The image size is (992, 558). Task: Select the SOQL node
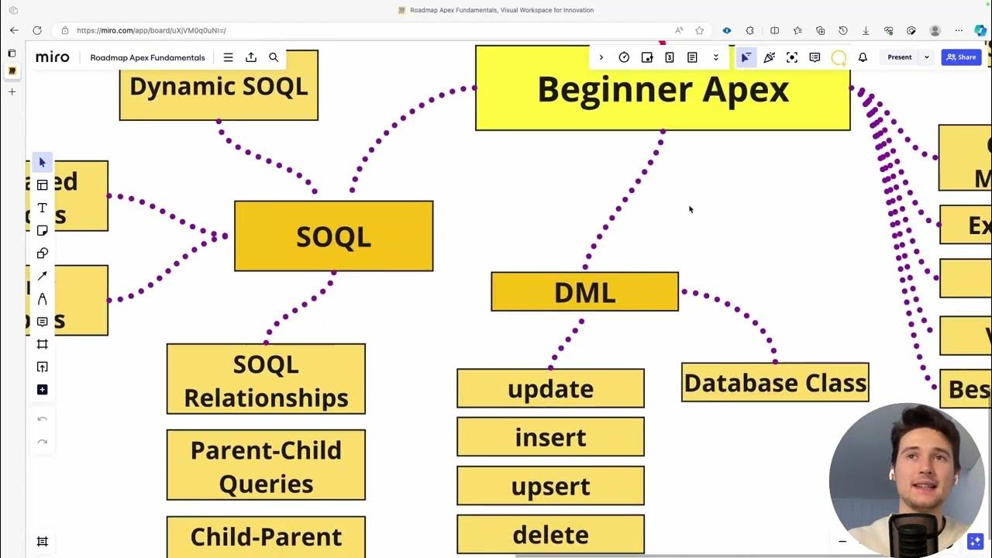click(333, 236)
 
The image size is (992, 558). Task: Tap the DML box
click(584, 292)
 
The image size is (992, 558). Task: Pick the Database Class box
click(775, 383)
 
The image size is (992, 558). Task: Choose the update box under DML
click(550, 388)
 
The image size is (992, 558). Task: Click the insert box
click(550, 437)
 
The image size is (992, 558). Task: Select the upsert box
click(550, 486)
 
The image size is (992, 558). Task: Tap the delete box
click(550, 535)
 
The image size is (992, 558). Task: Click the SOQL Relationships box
click(266, 380)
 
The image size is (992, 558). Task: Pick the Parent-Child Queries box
click(266, 466)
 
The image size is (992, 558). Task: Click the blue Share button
click(961, 57)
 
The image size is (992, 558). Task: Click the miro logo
click(53, 57)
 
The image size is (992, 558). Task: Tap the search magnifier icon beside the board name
click(274, 57)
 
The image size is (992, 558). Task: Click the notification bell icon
click(863, 57)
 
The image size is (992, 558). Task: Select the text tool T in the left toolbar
click(43, 208)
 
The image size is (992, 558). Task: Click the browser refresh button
click(36, 30)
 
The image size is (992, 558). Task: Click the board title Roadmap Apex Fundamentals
click(147, 57)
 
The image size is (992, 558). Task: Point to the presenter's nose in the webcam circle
click(921, 470)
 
